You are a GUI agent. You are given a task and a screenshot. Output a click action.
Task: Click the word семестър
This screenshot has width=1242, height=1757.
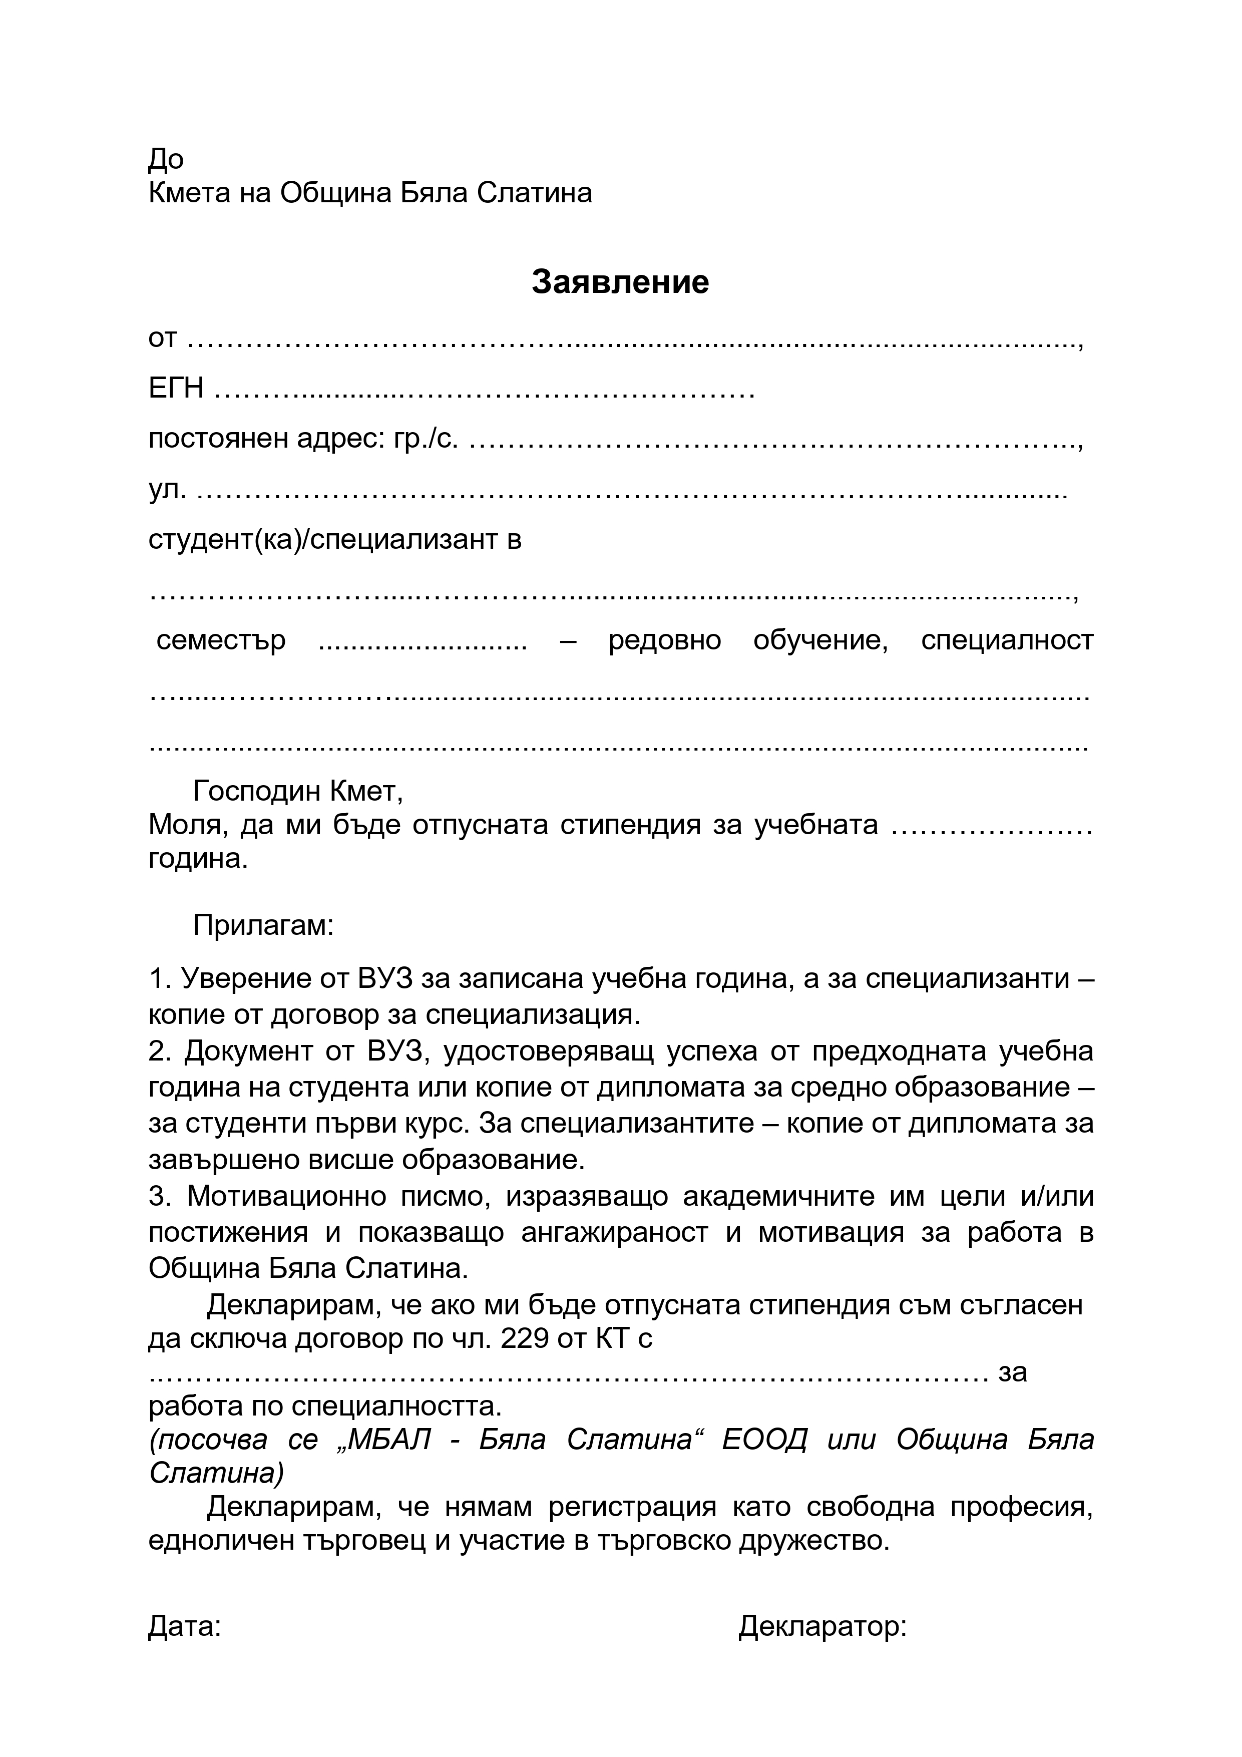pos(221,640)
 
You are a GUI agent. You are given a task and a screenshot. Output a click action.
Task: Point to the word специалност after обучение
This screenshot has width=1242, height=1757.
pos(1007,640)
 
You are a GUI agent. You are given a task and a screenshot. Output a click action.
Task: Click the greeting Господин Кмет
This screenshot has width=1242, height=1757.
pos(298,791)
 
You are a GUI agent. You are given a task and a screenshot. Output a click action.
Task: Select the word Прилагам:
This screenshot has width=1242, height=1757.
pos(263,926)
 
